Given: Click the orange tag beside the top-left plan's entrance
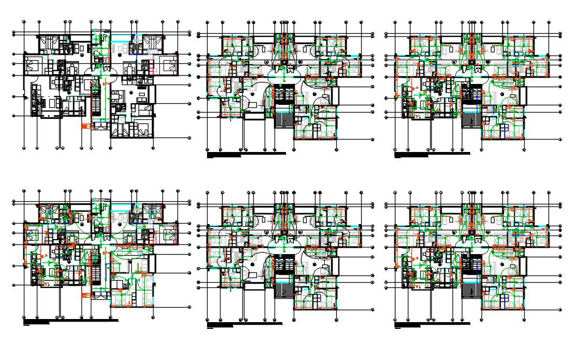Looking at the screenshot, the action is tap(85, 126).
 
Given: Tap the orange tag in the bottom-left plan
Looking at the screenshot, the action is tap(85, 295).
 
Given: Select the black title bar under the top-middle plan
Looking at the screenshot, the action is tap(246, 154).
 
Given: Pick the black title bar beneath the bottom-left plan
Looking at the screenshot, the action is tap(71, 321).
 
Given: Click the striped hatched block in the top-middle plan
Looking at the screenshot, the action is tap(283, 124).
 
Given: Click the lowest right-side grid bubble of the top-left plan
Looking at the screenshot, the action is tap(189, 138).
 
